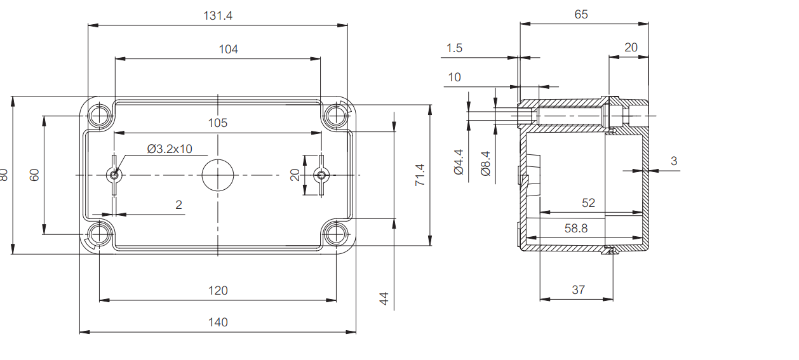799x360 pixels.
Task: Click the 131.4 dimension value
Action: [218, 16]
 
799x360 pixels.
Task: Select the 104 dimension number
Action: [228, 49]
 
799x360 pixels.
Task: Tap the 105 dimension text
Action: [217, 123]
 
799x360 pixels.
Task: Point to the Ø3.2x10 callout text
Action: [169, 149]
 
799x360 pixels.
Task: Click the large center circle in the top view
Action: [218, 175]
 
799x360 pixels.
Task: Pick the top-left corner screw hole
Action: [100, 116]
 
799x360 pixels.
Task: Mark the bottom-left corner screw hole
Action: [100, 234]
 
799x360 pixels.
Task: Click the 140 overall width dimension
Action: [218, 322]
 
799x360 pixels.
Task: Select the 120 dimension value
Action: [218, 290]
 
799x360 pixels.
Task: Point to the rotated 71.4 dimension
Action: [420, 175]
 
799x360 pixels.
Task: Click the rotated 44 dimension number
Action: [384, 298]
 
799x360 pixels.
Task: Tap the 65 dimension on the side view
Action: [581, 15]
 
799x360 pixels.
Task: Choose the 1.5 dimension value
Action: [454, 48]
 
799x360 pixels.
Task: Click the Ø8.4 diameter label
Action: [486, 163]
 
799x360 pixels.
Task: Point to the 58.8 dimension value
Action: [576, 229]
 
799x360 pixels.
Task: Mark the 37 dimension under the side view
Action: [578, 290]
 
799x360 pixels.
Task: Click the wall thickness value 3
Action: [674, 161]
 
